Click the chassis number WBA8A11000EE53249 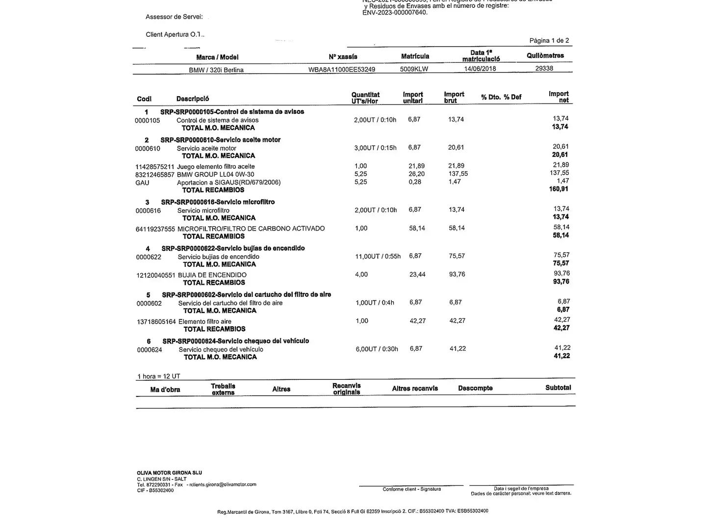click(342, 69)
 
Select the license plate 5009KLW click(414, 69)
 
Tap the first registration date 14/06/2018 click(480, 69)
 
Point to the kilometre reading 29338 click(544, 68)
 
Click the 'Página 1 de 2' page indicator click(549, 41)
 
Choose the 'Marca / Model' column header click(217, 57)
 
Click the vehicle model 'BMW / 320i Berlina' click(216, 70)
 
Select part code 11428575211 click(154, 167)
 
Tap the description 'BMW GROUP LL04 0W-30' click(216, 175)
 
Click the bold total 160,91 click(558, 189)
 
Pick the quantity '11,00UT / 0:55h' click(378, 256)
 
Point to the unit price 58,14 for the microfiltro click(417, 228)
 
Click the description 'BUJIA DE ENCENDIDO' click(212, 275)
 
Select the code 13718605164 click(156, 321)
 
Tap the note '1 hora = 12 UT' click(159, 376)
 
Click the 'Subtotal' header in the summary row click(558, 388)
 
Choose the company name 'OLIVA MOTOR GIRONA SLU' click(169, 473)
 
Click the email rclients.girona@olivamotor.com click(223, 484)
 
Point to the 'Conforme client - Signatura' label click(412, 489)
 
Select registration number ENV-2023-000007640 click(395, 12)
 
